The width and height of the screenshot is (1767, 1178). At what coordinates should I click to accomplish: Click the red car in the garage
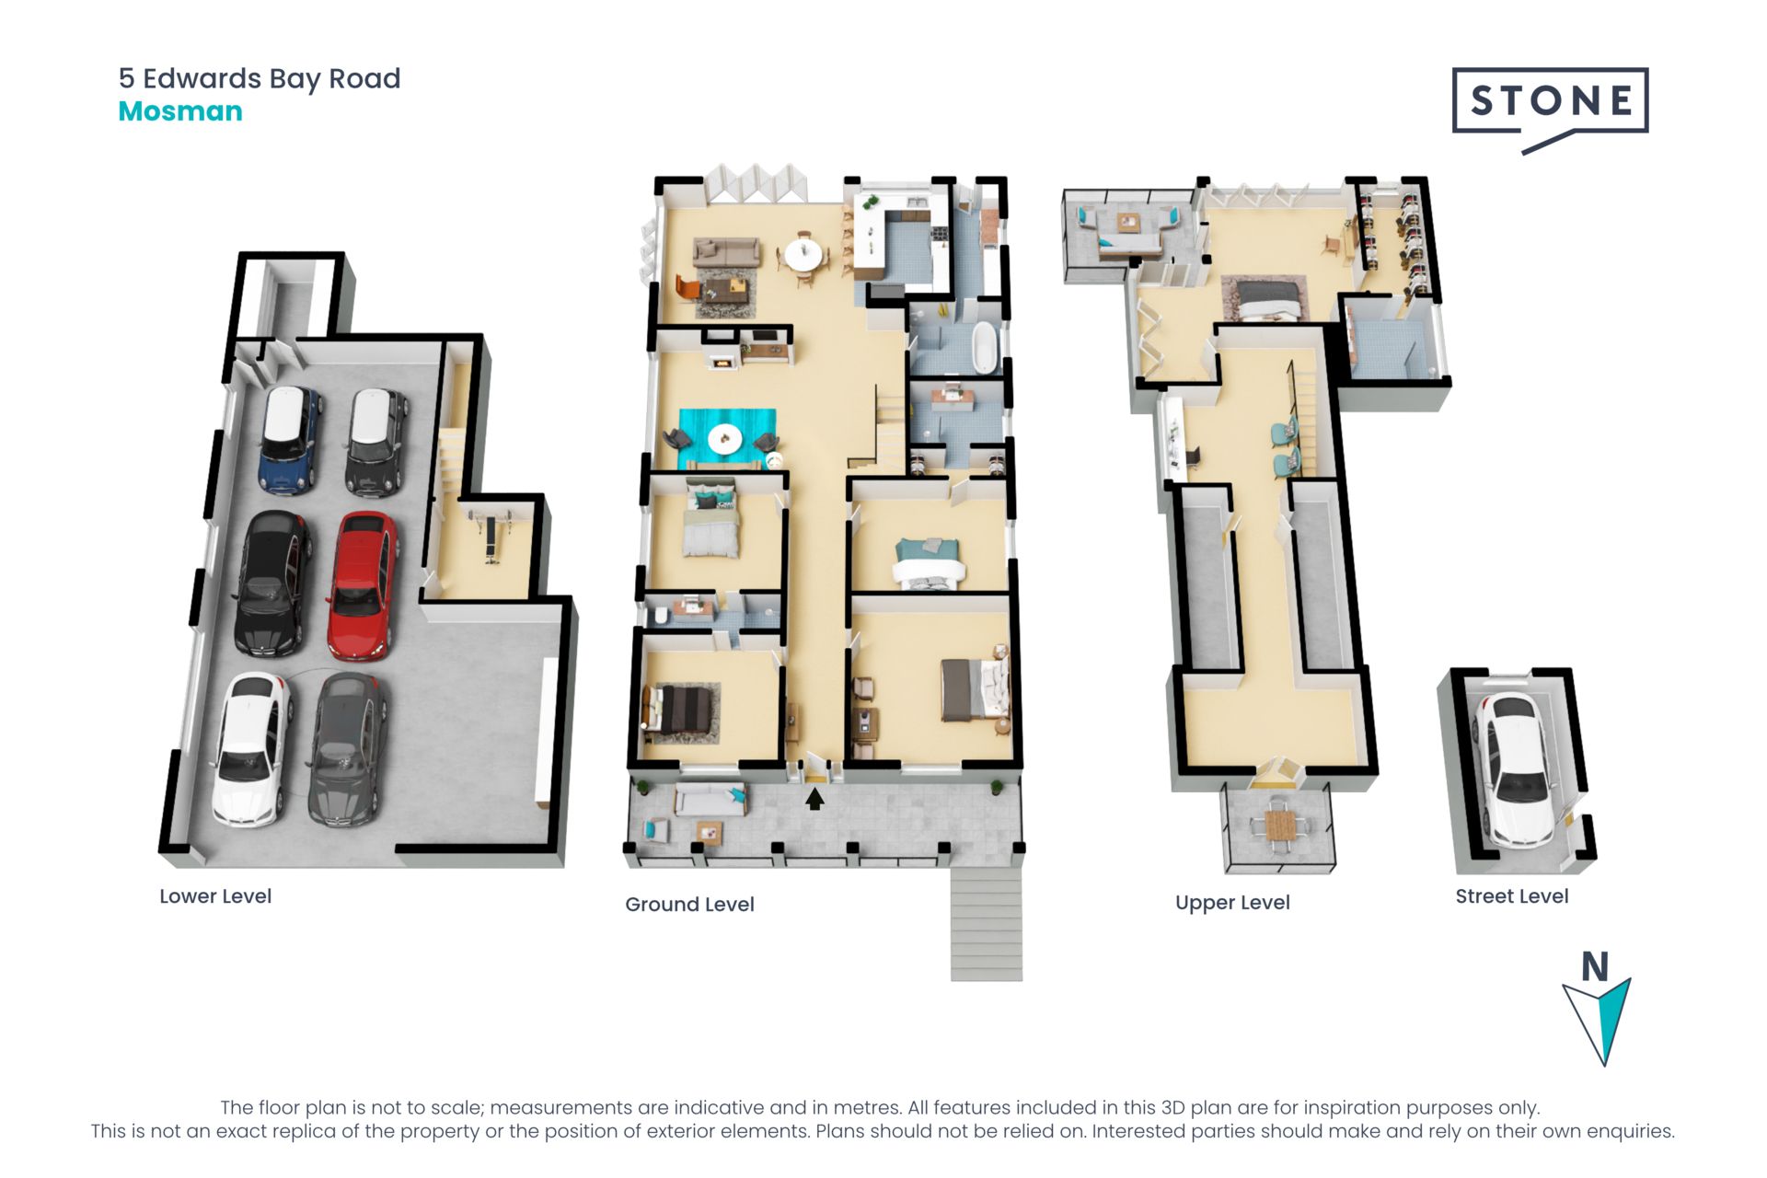coord(364,586)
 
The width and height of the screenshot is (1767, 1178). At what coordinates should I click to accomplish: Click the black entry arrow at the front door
coord(814,798)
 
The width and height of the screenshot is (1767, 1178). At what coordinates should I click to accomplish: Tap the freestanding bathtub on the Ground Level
coord(986,347)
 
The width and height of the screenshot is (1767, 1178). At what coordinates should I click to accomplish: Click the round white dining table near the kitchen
coord(804,255)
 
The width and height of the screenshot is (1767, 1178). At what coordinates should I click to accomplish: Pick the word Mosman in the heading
coord(180,111)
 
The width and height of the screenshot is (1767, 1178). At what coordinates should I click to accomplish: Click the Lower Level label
coord(215,896)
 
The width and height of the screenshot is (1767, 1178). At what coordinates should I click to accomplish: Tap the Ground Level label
coord(689,905)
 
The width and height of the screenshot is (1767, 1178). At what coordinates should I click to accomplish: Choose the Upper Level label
coord(1232,903)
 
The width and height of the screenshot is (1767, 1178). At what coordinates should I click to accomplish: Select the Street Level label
coord(1511,896)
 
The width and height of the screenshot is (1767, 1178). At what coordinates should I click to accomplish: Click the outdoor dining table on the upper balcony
coord(1279,824)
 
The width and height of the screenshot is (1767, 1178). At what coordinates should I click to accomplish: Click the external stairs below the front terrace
coord(987,922)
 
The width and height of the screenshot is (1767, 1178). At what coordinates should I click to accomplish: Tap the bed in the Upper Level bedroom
coord(1265,299)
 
